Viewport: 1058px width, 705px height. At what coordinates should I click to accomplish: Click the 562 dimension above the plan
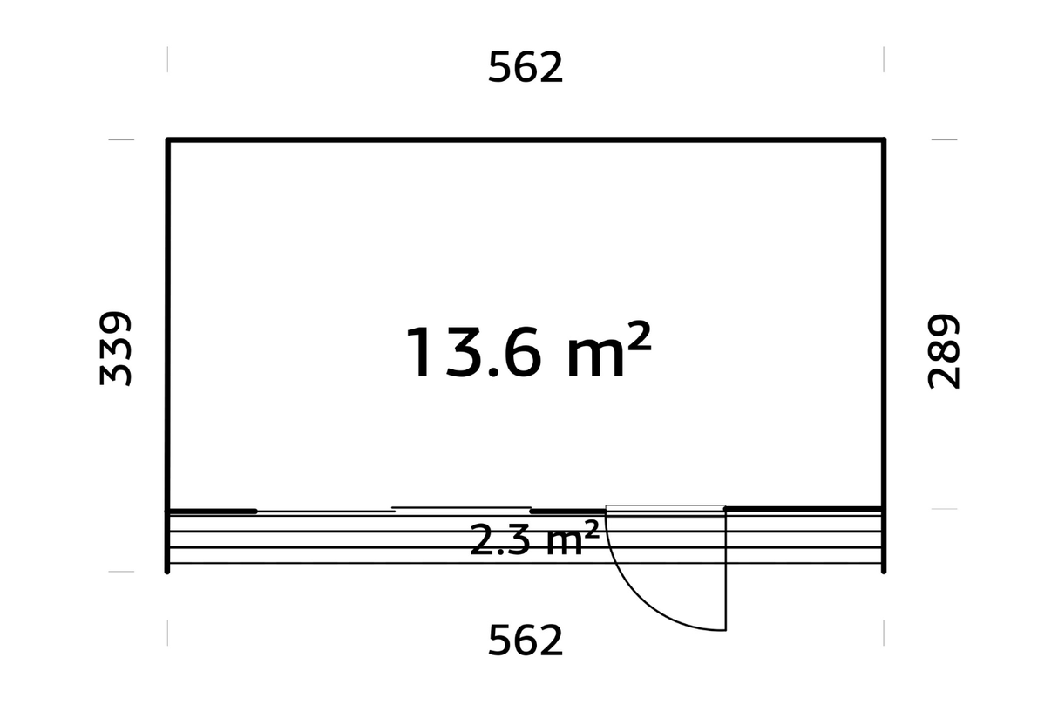pyautogui.click(x=526, y=67)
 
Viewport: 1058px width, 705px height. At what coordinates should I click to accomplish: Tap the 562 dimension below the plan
pyautogui.click(x=526, y=641)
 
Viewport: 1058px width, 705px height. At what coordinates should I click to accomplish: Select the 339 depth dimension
pyautogui.click(x=115, y=349)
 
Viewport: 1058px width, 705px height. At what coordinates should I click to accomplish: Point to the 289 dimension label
pyautogui.click(x=943, y=351)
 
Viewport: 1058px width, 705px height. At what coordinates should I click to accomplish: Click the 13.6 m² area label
pyautogui.click(x=528, y=350)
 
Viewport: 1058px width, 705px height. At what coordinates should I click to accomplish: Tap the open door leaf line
pyautogui.click(x=725, y=569)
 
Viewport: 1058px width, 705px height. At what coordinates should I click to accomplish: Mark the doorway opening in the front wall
pyautogui.click(x=665, y=508)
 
